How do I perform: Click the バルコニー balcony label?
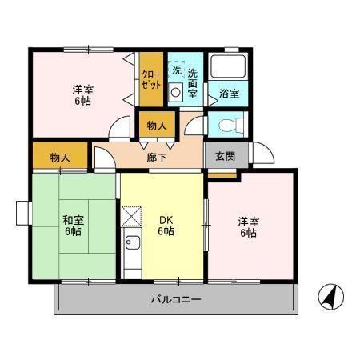[x=176, y=300]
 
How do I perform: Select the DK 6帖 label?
[x=165, y=226]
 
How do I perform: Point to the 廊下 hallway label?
[x=157, y=158]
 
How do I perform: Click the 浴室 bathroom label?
[x=229, y=94]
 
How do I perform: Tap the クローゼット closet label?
[x=151, y=78]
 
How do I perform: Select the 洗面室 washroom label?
[x=193, y=82]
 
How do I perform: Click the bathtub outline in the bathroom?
[x=228, y=67]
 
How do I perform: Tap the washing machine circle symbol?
[x=176, y=93]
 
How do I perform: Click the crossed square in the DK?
[x=131, y=216]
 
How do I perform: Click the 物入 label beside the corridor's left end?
[x=59, y=157]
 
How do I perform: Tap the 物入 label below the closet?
[x=157, y=126]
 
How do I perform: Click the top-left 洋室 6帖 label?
[x=82, y=94]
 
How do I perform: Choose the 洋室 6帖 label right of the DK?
[x=246, y=226]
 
